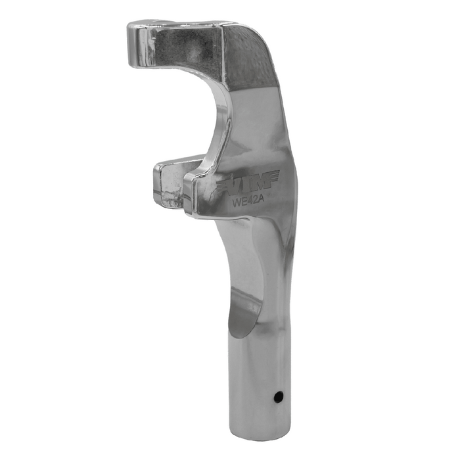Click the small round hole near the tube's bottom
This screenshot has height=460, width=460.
[x=279, y=396]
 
